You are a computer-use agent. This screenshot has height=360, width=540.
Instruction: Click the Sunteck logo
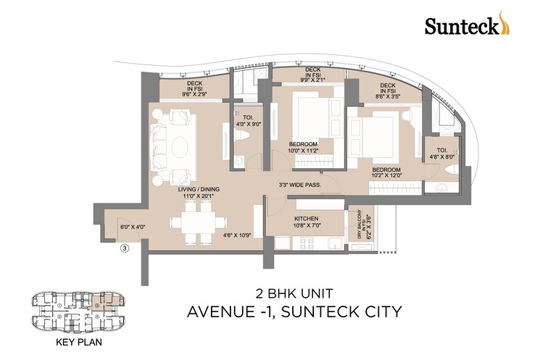click(x=462, y=26)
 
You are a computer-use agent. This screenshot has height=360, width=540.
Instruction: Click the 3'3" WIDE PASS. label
click(x=299, y=185)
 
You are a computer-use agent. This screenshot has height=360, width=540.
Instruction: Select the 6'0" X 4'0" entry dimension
click(x=133, y=227)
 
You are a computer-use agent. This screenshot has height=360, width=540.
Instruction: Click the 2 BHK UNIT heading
click(x=294, y=294)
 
